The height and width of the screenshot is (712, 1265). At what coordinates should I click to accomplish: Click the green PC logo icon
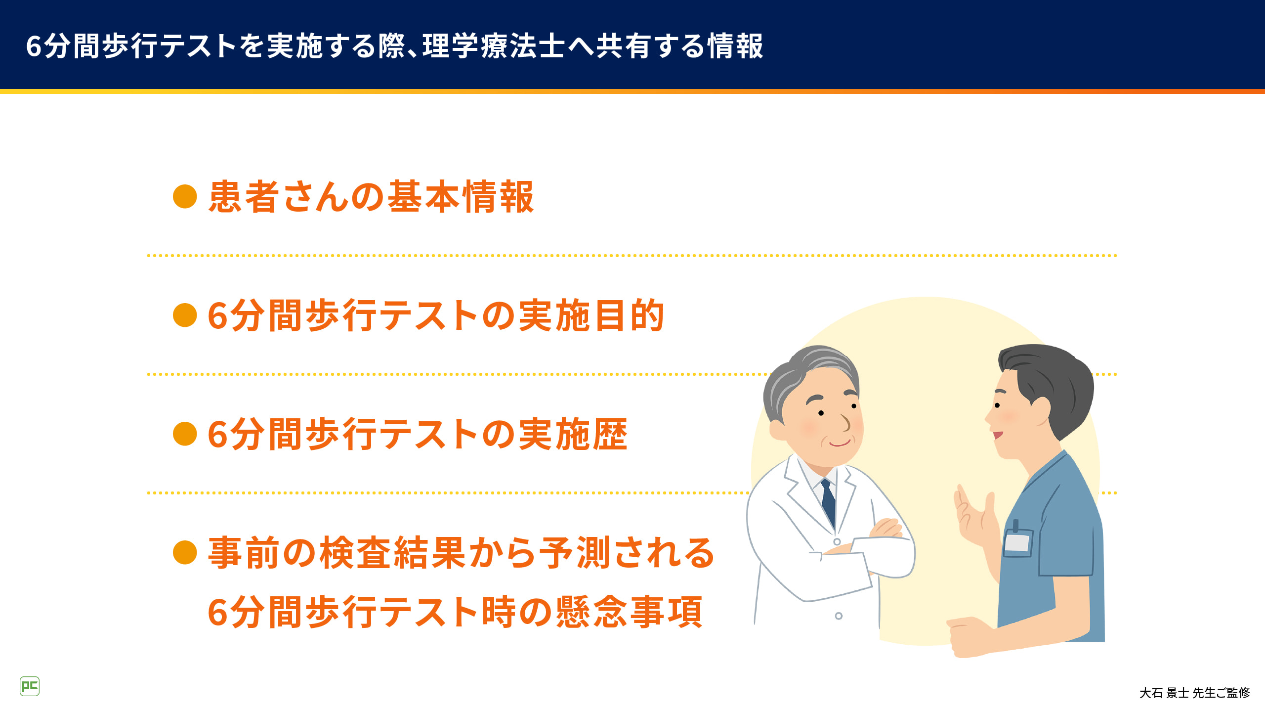tap(30, 686)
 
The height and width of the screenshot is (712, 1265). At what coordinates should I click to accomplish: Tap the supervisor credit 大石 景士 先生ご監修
tap(1194, 693)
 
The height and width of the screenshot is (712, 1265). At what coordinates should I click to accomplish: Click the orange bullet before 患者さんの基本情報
tap(185, 197)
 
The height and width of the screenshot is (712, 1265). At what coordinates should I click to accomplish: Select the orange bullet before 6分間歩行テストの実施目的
tap(185, 315)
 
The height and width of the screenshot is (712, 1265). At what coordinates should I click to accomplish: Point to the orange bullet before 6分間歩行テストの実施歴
tap(185, 434)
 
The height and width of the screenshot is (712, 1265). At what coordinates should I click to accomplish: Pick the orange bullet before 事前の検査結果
tap(185, 552)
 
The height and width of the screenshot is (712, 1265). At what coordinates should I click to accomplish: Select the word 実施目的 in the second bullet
tap(591, 315)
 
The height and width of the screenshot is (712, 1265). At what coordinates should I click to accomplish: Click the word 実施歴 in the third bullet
tap(573, 434)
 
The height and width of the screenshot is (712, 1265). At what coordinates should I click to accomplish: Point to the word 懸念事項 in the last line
tap(629, 612)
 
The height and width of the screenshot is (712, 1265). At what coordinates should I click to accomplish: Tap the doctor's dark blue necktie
tap(828, 502)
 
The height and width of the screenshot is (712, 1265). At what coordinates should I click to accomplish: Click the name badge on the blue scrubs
tap(1018, 542)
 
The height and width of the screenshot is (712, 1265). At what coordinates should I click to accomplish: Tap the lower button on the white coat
tap(839, 616)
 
